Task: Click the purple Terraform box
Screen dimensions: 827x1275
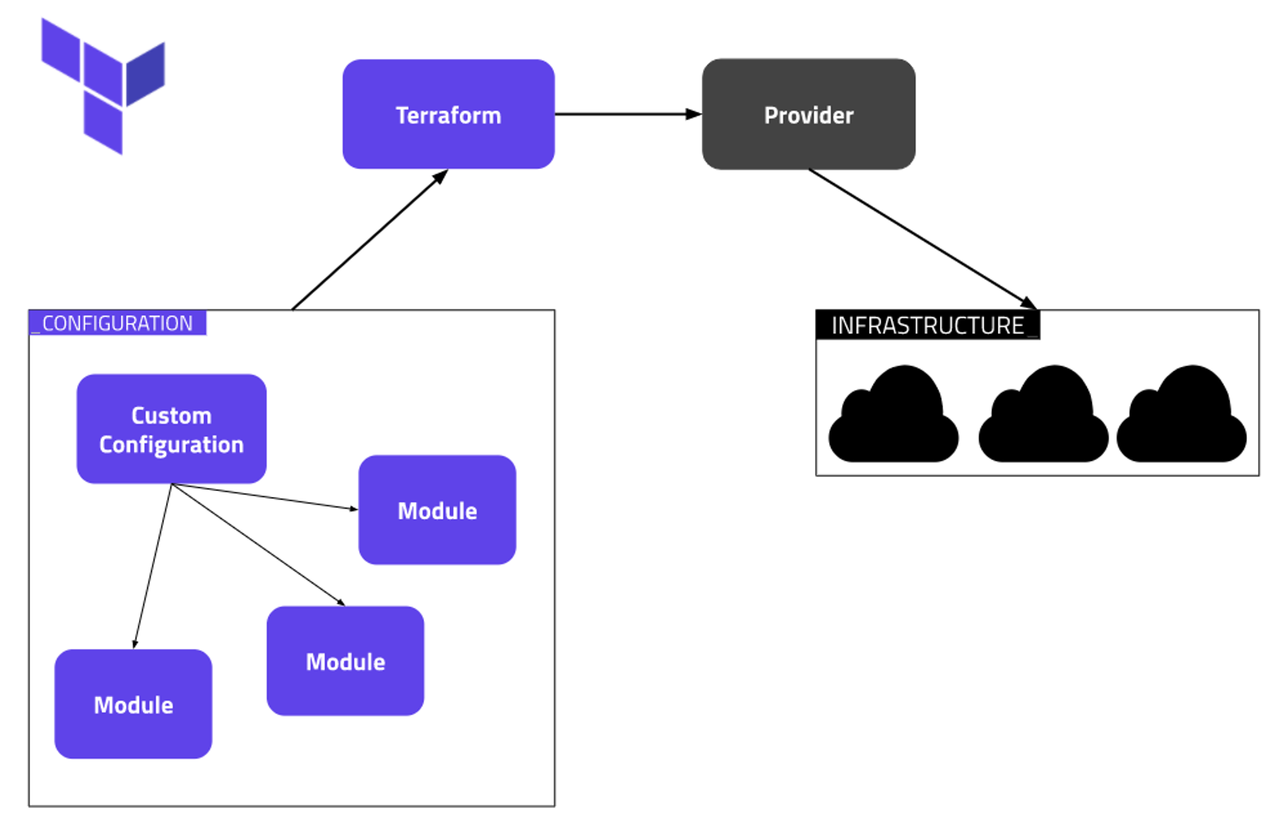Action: (448, 115)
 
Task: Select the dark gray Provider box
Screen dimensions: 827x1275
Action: (808, 115)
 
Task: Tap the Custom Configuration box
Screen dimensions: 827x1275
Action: (171, 429)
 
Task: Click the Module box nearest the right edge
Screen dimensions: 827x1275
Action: (437, 510)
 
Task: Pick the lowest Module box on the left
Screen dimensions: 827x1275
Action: (133, 704)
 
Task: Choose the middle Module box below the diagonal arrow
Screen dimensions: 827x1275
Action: (345, 661)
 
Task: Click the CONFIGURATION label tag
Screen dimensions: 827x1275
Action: (118, 323)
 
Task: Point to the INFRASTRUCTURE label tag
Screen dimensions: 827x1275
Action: (927, 325)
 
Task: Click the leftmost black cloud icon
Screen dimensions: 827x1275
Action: (894, 416)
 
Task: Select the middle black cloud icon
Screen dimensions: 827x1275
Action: (1044, 416)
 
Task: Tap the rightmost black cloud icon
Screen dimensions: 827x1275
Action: (1182, 416)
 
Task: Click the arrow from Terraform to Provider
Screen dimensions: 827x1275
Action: (625, 114)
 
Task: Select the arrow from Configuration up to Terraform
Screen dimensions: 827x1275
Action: (367, 241)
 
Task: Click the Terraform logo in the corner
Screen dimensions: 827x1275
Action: (103, 85)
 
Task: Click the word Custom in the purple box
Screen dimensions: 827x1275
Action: (171, 415)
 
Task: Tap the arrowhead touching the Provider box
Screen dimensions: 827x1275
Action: (693, 114)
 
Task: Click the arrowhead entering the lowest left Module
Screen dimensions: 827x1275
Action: (135, 643)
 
